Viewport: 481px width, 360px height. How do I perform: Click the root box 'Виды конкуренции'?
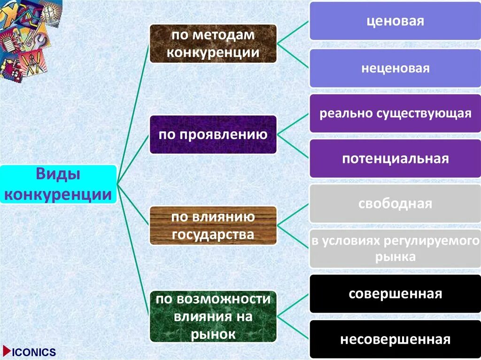point(58,184)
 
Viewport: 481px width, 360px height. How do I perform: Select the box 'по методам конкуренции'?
point(213,44)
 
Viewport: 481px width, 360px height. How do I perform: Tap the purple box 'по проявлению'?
point(213,135)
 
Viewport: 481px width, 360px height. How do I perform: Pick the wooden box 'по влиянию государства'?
point(213,225)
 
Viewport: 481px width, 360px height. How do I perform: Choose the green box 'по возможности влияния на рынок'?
point(213,316)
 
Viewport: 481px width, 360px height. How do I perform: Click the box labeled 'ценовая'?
point(395,21)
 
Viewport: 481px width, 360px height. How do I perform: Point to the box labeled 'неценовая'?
point(395,69)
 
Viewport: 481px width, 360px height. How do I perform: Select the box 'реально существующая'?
point(395,114)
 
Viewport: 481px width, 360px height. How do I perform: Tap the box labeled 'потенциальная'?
point(395,158)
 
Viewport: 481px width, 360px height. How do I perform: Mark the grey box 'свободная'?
point(395,204)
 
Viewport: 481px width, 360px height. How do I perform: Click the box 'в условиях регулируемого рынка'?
point(395,249)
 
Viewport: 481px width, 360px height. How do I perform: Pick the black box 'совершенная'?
point(395,294)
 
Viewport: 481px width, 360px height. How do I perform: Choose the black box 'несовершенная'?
point(395,339)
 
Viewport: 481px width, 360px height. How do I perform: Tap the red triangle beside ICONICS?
point(6,351)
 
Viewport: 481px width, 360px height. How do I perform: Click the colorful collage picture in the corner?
point(28,38)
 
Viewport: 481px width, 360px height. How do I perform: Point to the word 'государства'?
point(213,234)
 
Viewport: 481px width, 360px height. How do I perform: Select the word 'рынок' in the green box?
point(213,334)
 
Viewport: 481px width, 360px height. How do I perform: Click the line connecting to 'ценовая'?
point(293,32)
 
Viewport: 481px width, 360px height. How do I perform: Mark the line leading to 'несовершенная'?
point(293,327)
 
